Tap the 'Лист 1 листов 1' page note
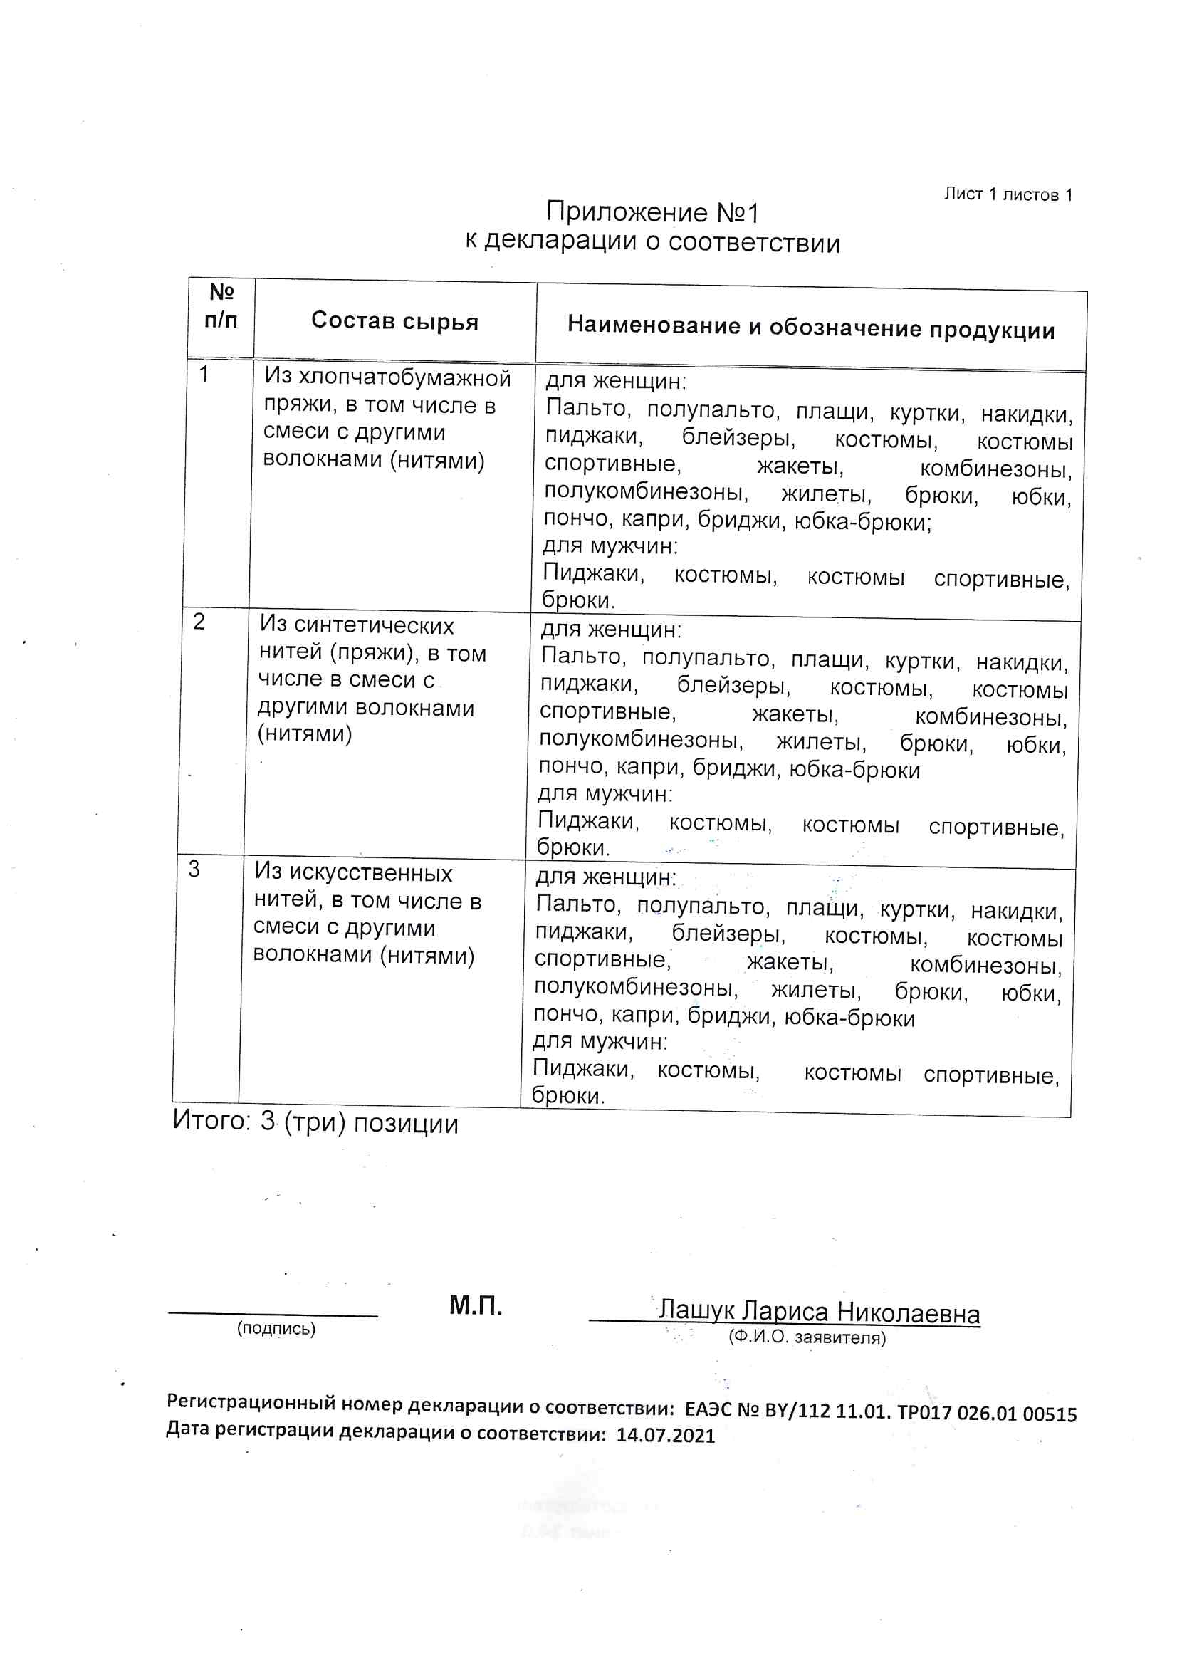pos(1008,194)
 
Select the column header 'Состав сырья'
pos(394,320)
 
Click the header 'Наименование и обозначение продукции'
pos(810,328)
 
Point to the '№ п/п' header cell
pos(221,306)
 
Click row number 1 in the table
pos(204,374)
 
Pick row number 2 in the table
pos(199,622)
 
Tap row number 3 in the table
pos(194,869)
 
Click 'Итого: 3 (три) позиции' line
pos(315,1122)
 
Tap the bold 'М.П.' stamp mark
pos(476,1305)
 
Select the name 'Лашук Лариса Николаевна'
pos(819,1312)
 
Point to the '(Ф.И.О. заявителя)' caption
pos(807,1337)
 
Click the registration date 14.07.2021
pos(665,1436)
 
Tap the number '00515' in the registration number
pos(1050,1414)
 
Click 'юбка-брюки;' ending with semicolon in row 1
pos(862,522)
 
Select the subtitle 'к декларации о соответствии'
pos(652,241)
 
